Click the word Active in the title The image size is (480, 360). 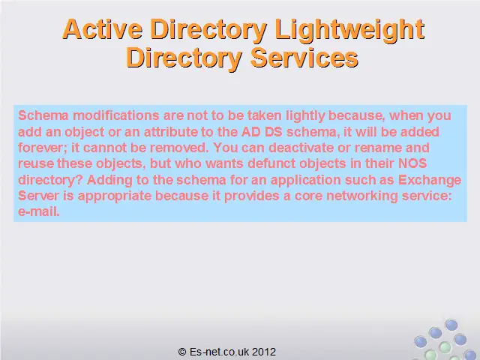102,29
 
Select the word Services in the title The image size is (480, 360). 304,58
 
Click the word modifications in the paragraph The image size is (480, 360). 115,115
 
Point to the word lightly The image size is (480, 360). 305,116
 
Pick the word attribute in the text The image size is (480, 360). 170,132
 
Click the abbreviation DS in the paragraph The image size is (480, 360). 273,132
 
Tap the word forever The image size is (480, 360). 42,148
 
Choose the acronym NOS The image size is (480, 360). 412,163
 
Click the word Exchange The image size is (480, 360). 430,180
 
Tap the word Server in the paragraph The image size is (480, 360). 38,196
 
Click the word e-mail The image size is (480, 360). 38,211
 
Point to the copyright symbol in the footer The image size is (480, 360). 182,352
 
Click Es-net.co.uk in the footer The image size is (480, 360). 219,352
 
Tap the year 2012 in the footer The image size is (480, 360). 264,352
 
